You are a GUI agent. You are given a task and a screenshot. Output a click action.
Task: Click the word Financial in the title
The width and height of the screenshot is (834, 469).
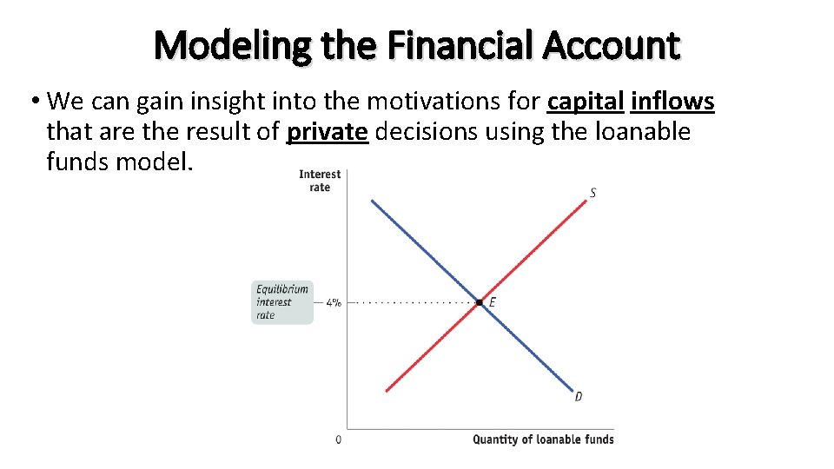click(462, 45)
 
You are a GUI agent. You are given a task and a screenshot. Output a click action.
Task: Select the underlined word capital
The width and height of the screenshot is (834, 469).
click(586, 102)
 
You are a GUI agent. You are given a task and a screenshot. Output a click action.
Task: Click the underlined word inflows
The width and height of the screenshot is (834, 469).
click(672, 102)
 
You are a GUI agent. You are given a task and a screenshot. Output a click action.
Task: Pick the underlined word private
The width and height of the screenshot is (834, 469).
click(328, 132)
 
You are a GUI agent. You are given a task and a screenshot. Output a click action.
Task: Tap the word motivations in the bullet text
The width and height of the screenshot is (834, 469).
click(435, 102)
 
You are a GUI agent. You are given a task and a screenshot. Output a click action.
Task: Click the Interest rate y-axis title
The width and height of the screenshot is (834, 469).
click(320, 181)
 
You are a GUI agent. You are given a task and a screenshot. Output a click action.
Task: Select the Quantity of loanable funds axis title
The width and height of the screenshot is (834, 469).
click(543, 439)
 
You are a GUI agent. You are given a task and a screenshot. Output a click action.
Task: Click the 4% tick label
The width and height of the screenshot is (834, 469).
click(334, 303)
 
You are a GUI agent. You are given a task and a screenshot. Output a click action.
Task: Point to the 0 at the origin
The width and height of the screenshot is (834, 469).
click(338, 439)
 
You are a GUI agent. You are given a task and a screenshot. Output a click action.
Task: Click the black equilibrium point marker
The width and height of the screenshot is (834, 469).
click(479, 302)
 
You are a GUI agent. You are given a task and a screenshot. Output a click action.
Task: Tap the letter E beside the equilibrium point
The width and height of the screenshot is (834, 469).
click(493, 302)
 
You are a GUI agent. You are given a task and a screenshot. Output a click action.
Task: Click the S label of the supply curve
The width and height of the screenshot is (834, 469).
click(592, 193)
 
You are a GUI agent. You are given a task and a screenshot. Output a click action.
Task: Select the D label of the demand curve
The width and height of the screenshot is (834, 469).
click(579, 397)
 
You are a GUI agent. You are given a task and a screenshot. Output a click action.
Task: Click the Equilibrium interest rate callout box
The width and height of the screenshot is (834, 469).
click(282, 302)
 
